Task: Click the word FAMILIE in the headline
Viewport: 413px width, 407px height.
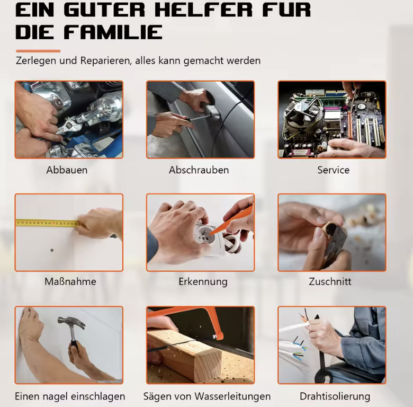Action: pyautogui.click(x=113, y=32)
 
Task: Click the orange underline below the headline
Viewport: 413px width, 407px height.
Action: pyautogui.click(x=38, y=51)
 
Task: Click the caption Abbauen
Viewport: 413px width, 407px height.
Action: pyautogui.click(x=67, y=170)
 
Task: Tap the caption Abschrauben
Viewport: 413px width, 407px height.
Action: pyautogui.click(x=199, y=170)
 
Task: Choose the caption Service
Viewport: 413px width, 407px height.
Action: pyautogui.click(x=334, y=170)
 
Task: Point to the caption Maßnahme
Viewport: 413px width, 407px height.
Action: pyautogui.click(x=70, y=281)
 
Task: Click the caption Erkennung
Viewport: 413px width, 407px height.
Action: pyautogui.click(x=203, y=282)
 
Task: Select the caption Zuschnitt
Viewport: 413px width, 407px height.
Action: pyautogui.click(x=330, y=281)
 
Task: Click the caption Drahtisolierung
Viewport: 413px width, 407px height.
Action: pyautogui.click(x=335, y=396)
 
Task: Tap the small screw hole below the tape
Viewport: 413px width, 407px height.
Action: pyautogui.click(x=52, y=250)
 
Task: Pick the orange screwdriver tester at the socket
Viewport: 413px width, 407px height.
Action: pyautogui.click(x=229, y=222)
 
